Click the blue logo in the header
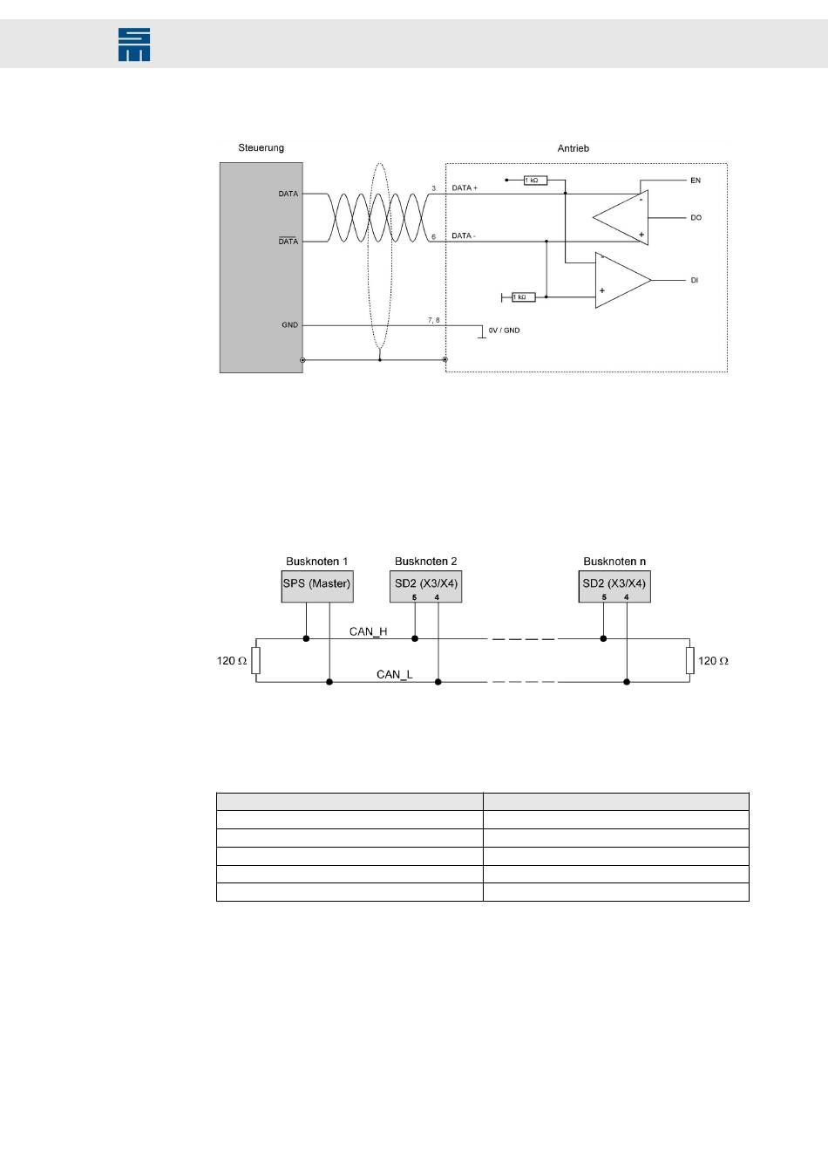pos(134,44)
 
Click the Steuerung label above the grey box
pos(261,148)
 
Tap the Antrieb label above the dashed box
pos(573,148)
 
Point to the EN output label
pos(696,181)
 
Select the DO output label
pos(696,217)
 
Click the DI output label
pos(695,281)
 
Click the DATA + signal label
pos(465,188)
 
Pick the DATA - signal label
pos(464,236)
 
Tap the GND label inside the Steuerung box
pos(289,324)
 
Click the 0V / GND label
pos(504,330)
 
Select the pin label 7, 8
pos(433,320)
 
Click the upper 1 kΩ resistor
pos(535,181)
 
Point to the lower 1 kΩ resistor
pos(523,297)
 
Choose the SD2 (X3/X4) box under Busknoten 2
pos(425,587)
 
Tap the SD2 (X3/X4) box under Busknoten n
pos(614,587)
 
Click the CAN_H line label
pos(368,630)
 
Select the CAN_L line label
pos(394,674)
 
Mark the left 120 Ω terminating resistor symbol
pos(255,661)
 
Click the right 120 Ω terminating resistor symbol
pos(689,661)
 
